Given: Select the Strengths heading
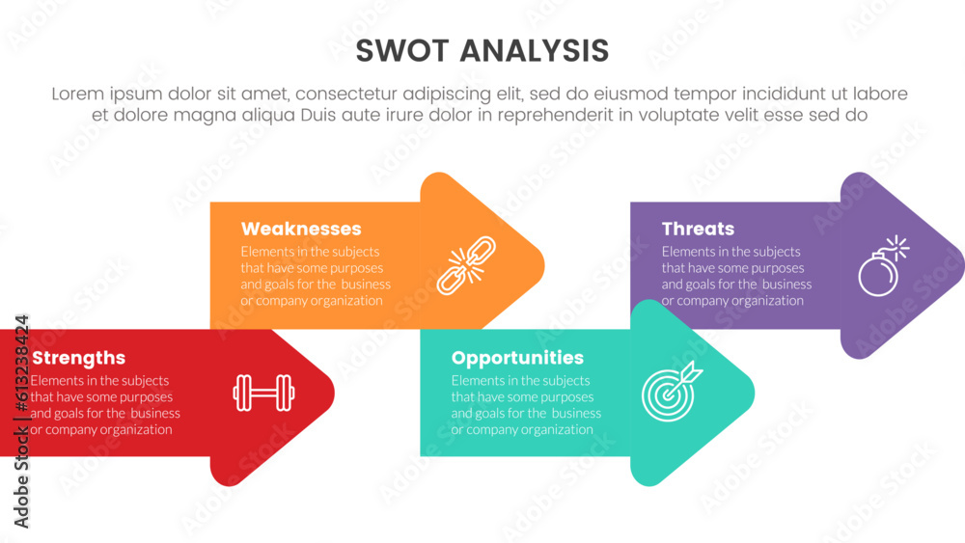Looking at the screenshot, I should point(78,359).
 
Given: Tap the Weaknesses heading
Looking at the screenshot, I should point(301,230).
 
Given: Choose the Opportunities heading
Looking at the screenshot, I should point(517,359).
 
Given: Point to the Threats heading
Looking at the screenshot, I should point(698,230).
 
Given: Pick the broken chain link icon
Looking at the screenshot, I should point(466,264).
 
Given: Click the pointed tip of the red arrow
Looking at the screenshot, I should point(331,393).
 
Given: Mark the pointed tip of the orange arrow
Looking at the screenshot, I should point(541,264).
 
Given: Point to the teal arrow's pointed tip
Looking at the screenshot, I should point(752,394).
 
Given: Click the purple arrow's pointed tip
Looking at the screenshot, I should point(961,265).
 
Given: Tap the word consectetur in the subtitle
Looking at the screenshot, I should point(353,95).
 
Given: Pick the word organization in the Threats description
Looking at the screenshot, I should point(769,301).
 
